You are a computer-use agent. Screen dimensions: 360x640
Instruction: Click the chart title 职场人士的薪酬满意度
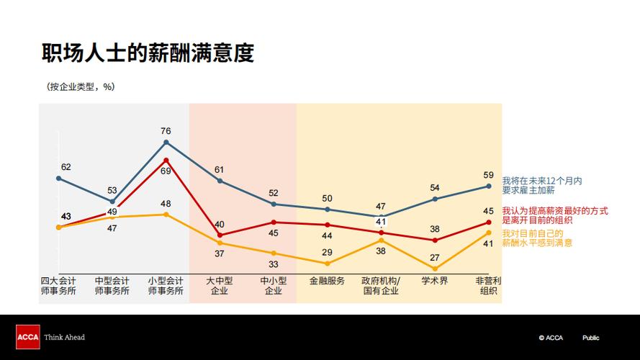(x=148, y=53)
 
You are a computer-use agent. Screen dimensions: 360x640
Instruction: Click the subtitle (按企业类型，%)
(x=80, y=86)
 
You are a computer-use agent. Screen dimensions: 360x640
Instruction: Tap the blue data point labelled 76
(x=166, y=142)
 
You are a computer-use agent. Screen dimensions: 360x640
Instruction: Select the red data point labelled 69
(x=166, y=160)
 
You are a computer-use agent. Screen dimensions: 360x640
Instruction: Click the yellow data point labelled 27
(x=435, y=269)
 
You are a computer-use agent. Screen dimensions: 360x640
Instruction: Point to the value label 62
(x=66, y=167)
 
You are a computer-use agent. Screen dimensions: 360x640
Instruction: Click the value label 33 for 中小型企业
(x=274, y=264)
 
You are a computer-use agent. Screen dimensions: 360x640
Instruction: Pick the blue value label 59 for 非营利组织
(x=488, y=175)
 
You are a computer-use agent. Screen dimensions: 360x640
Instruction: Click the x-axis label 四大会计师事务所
(x=58, y=286)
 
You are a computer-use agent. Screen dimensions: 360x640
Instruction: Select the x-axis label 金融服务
(x=327, y=281)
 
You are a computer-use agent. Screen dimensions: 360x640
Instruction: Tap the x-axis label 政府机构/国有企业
(x=381, y=286)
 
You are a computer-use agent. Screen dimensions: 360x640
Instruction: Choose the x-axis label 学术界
(x=435, y=281)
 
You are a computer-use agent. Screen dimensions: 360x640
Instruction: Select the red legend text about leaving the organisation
(x=554, y=216)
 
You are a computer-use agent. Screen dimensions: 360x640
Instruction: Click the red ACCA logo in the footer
(x=27, y=337)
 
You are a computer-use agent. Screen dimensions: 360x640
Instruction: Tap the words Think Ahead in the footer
(x=65, y=337)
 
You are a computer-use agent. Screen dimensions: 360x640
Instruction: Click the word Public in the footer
(x=590, y=338)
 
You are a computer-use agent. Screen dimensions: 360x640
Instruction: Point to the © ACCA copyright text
(x=551, y=338)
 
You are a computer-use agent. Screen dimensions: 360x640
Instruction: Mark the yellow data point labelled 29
(x=327, y=264)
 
